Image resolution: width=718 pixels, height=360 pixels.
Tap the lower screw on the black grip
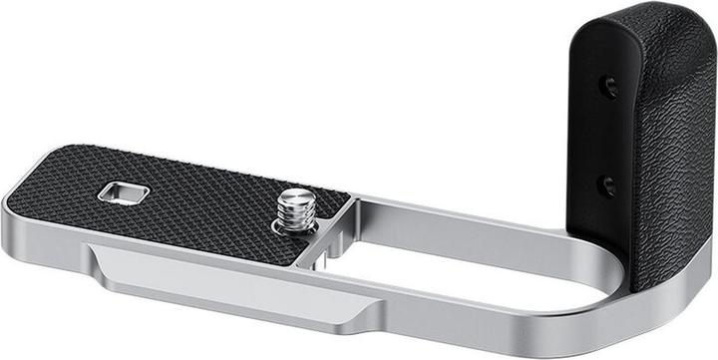point(605,184)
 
